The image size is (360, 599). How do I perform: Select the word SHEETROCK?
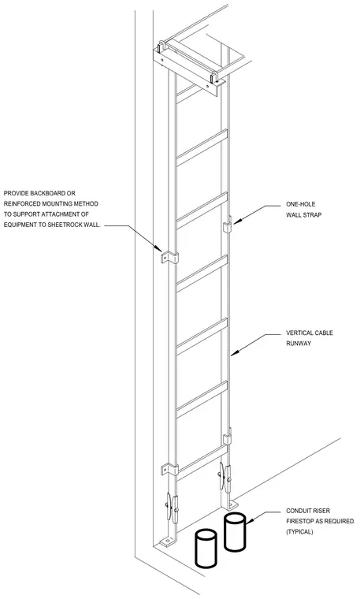(x=65, y=225)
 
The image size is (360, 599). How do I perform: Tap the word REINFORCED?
(x=20, y=203)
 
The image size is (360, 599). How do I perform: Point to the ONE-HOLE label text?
(x=301, y=204)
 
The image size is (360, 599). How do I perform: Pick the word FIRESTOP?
(x=301, y=521)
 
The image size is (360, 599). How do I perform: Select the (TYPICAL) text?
(x=299, y=532)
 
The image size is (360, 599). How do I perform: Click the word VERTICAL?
(x=298, y=333)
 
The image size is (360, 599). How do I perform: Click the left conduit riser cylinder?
(x=206, y=549)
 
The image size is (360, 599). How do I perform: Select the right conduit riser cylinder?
(x=235, y=532)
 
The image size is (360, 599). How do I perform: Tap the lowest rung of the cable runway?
(x=202, y=462)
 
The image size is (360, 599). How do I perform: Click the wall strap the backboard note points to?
(x=169, y=257)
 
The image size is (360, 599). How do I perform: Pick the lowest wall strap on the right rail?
(x=227, y=437)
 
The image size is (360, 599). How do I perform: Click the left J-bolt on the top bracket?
(x=161, y=47)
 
